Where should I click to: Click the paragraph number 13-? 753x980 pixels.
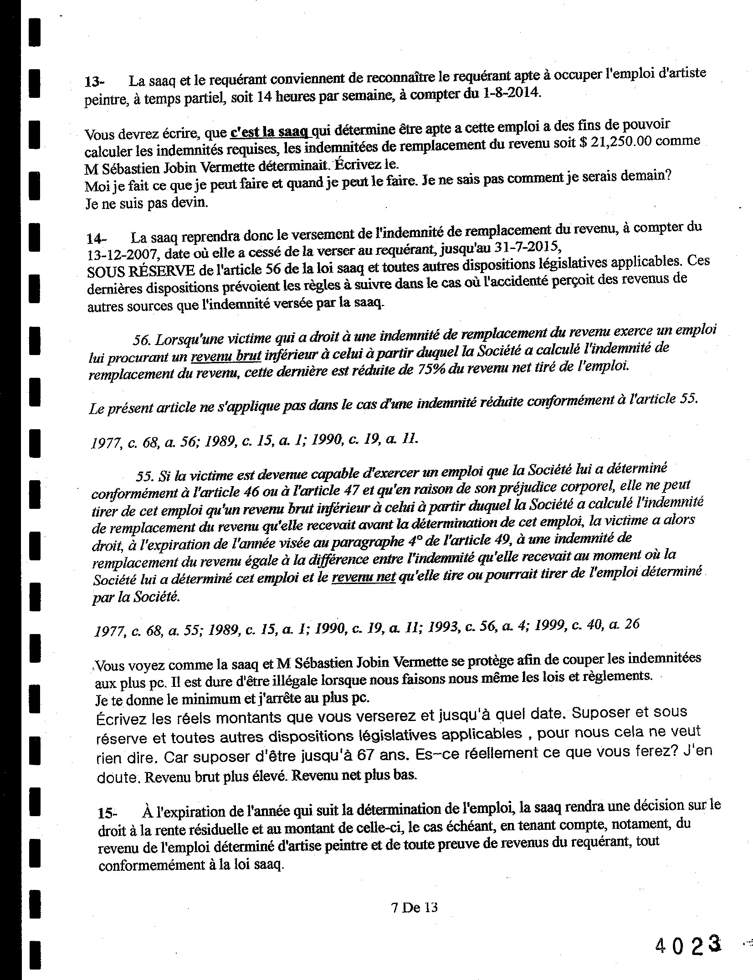[x=94, y=82]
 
